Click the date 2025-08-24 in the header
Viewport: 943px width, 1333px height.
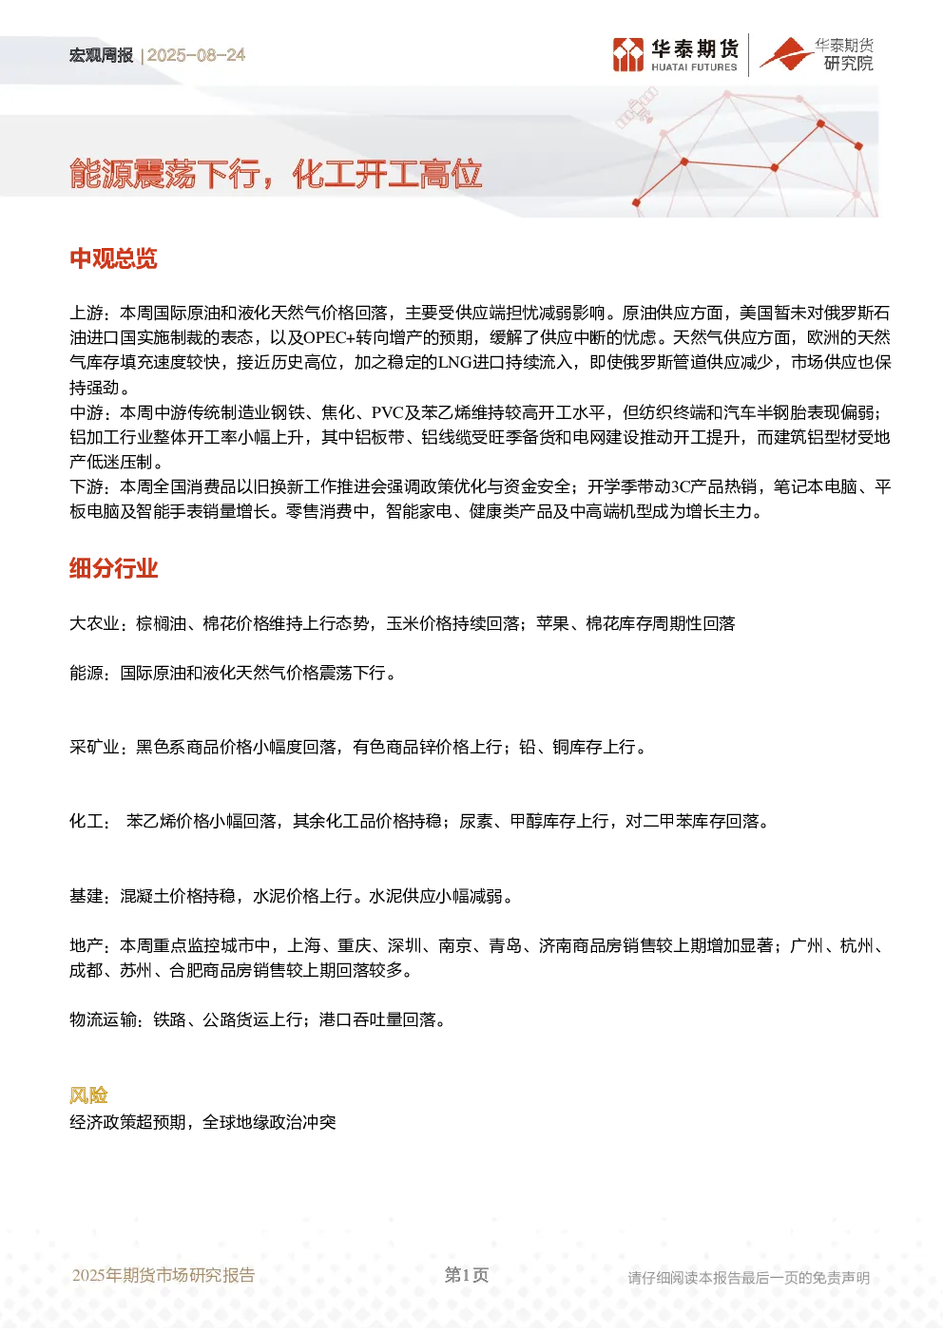coord(196,55)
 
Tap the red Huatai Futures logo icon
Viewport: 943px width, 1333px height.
coord(628,55)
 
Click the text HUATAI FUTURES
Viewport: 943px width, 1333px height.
coord(694,67)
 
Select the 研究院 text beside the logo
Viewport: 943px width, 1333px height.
coord(848,63)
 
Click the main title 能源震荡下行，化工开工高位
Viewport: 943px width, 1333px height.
coord(276,174)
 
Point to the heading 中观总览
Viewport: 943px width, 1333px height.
coord(113,258)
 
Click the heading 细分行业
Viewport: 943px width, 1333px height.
coord(113,568)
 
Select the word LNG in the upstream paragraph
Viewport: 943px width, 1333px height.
coord(454,362)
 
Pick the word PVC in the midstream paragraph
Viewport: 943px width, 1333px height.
coord(388,412)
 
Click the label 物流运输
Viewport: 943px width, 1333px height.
coord(103,1020)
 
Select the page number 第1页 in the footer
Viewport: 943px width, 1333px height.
coord(467,1275)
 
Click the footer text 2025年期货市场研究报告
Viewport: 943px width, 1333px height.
coord(164,1275)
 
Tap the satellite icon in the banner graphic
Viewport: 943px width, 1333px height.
coord(637,107)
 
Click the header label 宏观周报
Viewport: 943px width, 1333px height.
coord(101,55)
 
